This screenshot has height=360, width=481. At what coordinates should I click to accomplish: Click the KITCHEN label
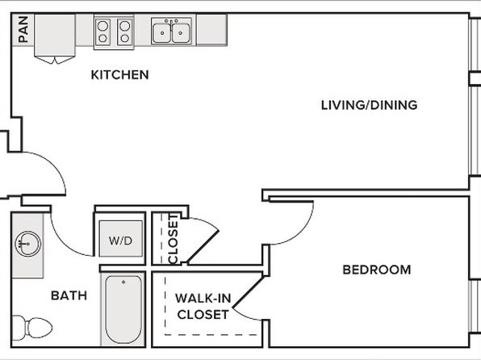click(119, 75)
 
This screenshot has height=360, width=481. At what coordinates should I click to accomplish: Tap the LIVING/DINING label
click(369, 105)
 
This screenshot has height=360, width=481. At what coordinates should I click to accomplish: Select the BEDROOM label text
click(377, 270)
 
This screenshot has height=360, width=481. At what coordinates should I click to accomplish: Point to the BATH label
click(69, 295)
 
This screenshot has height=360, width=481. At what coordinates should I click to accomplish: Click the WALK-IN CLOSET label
click(203, 306)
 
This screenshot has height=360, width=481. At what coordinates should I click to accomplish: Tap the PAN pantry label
click(23, 29)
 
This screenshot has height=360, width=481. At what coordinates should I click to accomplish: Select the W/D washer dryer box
click(121, 238)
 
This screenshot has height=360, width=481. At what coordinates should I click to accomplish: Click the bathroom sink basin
click(28, 244)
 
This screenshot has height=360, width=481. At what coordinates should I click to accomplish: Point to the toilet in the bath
click(32, 328)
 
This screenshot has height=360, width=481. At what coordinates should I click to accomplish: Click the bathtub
click(123, 310)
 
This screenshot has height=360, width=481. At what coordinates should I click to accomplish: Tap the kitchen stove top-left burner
click(103, 26)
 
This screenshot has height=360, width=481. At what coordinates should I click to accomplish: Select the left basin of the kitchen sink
click(162, 33)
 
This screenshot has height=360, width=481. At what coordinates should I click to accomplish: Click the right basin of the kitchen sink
click(181, 33)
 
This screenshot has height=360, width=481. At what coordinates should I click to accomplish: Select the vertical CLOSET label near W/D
click(174, 239)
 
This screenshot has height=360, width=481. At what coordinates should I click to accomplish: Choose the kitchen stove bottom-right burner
click(124, 39)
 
